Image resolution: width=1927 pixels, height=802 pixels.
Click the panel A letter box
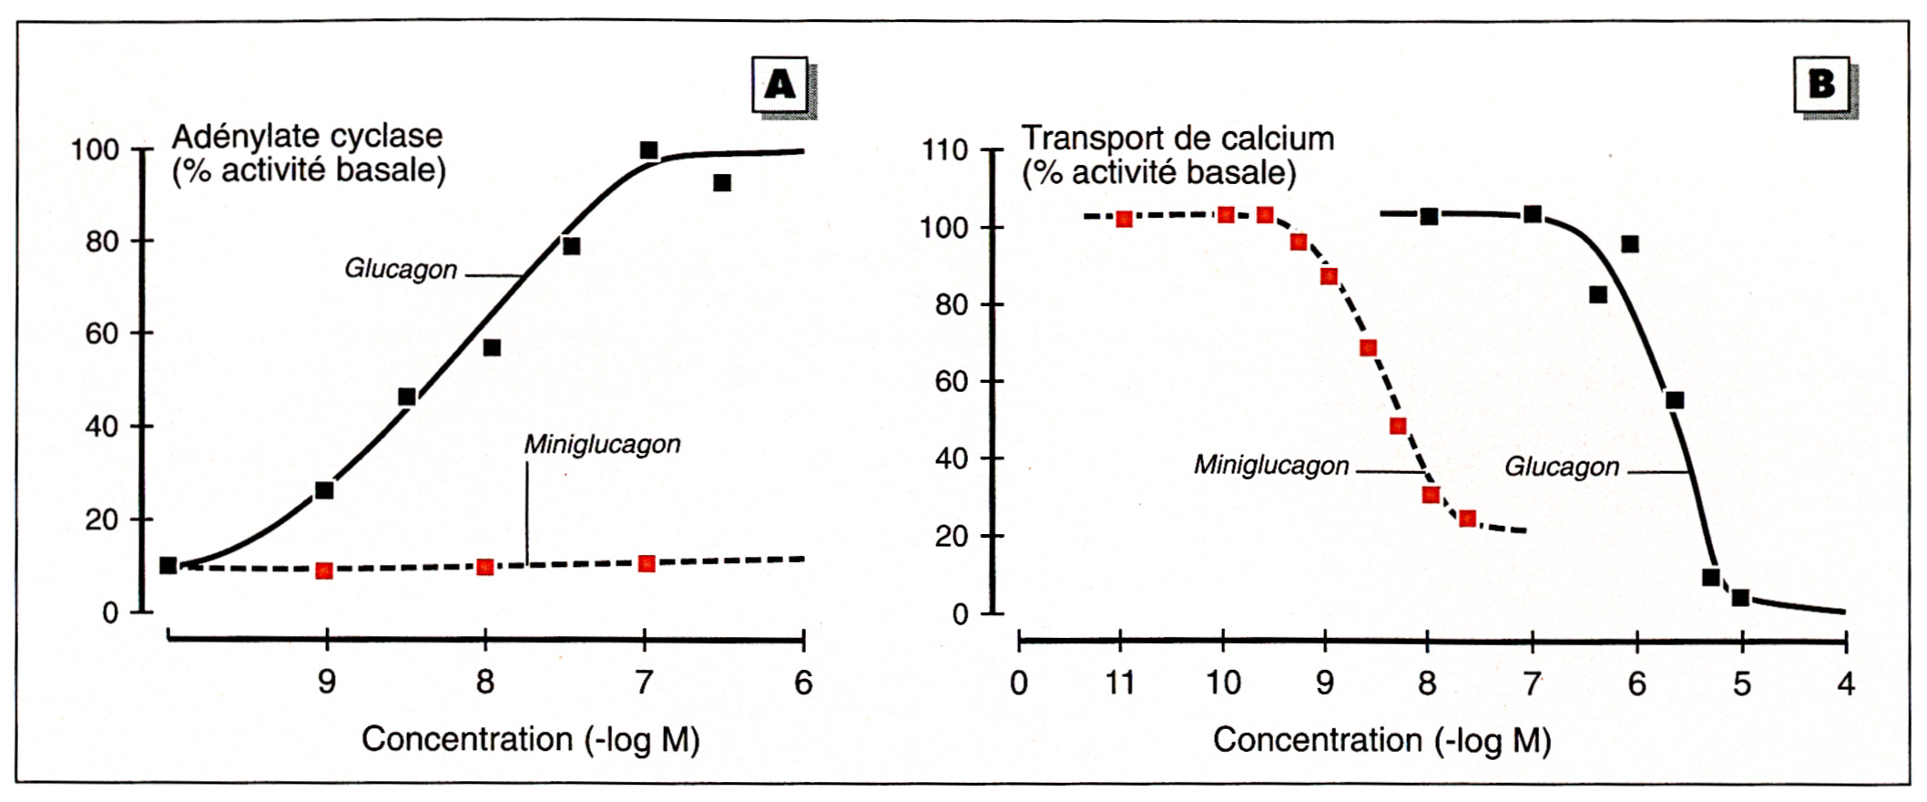click(780, 85)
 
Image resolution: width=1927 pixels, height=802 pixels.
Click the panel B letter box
click(1821, 85)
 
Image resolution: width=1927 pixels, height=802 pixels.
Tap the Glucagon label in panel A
click(401, 270)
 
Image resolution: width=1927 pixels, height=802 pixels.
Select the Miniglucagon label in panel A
click(602, 445)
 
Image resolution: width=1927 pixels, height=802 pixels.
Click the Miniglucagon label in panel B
click(1271, 466)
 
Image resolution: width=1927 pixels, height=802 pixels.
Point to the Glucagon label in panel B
click(1561, 467)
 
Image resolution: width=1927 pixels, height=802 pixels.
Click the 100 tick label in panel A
click(96, 149)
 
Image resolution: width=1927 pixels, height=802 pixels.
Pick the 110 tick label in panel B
click(944, 150)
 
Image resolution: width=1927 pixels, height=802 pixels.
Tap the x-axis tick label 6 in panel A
click(803, 683)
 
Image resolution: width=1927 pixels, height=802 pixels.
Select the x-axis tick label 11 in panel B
click(1120, 683)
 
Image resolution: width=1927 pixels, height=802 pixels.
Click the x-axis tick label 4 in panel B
click(1846, 684)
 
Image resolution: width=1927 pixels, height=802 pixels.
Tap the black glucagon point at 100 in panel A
click(648, 150)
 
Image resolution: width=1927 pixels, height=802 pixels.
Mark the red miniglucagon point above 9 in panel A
click(324, 571)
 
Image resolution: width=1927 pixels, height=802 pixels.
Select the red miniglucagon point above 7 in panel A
click(647, 563)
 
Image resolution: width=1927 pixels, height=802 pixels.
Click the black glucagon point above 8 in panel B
click(1429, 217)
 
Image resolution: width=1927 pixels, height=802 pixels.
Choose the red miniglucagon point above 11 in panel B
click(1125, 219)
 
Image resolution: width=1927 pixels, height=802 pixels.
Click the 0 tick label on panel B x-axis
click(1019, 684)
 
